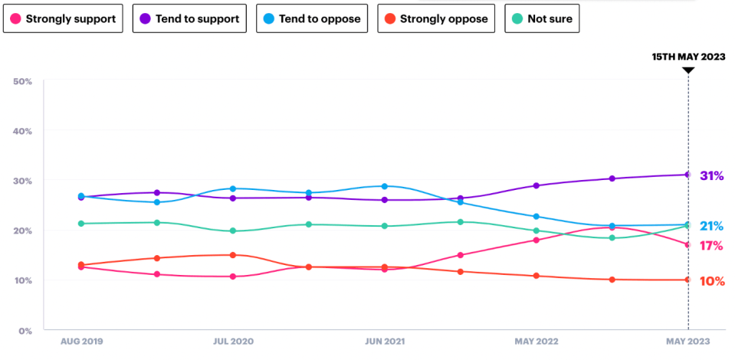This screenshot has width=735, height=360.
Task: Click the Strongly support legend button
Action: [64, 19]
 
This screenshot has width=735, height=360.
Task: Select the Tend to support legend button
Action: [189, 19]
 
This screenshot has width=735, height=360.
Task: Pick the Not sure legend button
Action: [543, 19]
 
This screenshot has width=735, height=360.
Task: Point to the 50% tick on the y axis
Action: [22, 81]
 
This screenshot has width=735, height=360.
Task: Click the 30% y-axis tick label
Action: [22, 181]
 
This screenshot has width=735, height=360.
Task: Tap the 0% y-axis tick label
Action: [25, 331]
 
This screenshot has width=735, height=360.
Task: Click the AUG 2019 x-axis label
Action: [82, 342]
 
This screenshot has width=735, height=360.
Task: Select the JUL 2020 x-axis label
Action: [233, 342]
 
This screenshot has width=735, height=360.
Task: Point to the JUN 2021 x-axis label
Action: [384, 342]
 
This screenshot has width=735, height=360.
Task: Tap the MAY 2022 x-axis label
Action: [536, 342]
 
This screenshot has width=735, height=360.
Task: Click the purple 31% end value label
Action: [711, 176]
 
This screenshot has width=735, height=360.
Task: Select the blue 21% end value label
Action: [711, 226]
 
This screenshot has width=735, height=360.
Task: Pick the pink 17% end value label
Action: [711, 246]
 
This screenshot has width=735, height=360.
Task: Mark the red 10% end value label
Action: [711, 281]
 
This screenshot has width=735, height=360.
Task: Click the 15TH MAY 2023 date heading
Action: [688, 57]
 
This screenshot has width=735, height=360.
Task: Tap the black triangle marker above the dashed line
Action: [688, 70]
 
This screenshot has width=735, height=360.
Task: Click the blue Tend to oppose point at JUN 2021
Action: [385, 186]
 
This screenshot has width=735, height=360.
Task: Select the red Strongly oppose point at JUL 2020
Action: [233, 255]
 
